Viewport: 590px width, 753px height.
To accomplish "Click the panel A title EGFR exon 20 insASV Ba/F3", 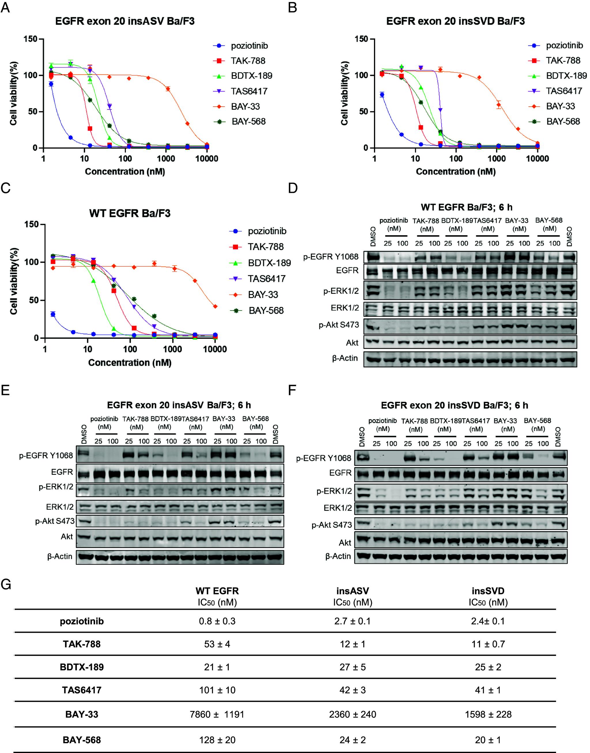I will pos(125,21).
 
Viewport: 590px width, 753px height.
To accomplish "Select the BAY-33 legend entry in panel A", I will pos(245,106).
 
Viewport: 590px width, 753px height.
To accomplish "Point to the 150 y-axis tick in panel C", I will pos(32,224).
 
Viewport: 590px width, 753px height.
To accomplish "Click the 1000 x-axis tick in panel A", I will pos(166,159).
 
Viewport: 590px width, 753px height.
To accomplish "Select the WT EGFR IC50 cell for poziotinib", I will pos(217,621).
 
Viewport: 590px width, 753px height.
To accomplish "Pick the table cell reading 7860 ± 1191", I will pos(217,714).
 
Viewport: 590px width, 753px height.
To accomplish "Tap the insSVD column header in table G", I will pos(488,591).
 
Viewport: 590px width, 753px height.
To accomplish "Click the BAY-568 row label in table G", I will pos(82,740).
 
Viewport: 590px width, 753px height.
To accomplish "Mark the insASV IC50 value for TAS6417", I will pos(352,690).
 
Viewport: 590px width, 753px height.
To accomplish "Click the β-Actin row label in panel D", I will pos(345,358).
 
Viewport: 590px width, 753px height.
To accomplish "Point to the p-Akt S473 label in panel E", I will pos(54,521).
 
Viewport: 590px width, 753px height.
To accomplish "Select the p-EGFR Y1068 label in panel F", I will pos(323,458).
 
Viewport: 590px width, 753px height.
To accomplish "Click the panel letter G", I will pos(6,584).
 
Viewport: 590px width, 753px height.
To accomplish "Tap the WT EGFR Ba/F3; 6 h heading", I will pos(466,207).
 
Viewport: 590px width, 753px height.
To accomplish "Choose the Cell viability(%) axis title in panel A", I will pos(14,93).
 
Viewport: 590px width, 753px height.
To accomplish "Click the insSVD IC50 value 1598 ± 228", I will pos(488,714).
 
